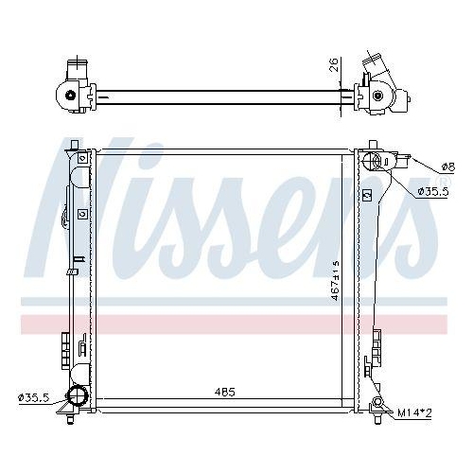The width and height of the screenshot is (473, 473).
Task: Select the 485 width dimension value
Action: click(x=223, y=391)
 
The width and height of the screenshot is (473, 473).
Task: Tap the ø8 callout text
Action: click(x=447, y=168)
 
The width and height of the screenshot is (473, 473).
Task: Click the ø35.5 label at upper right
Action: click(x=433, y=191)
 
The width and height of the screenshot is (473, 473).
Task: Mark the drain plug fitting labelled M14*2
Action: click(x=378, y=407)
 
